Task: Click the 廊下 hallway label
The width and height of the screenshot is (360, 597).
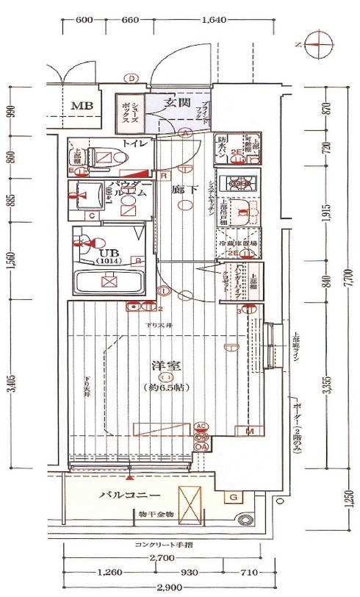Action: [182, 189]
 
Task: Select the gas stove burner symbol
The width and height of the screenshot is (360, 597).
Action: [239, 182]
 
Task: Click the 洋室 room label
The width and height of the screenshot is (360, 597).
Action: [167, 365]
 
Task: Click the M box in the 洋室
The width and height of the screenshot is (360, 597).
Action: [250, 430]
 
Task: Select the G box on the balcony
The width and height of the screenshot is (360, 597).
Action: [232, 498]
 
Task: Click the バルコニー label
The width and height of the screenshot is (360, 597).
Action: [130, 495]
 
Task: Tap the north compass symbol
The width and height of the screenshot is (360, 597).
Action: [314, 44]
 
